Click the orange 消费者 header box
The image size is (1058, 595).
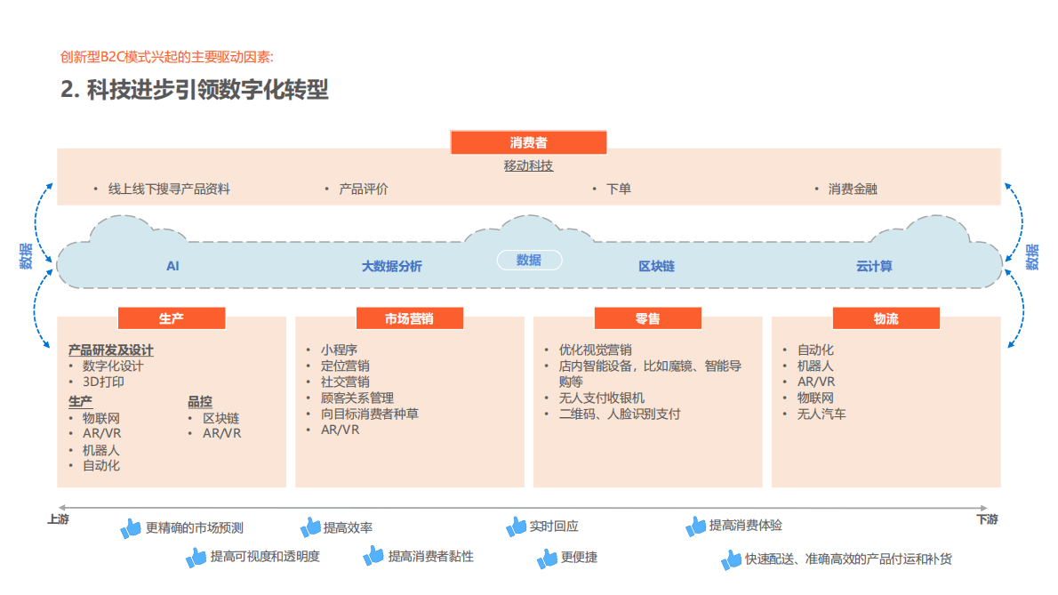(528, 142)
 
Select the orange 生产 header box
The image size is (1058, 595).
(171, 318)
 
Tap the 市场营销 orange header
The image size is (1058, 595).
(409, 318)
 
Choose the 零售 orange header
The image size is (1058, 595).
(647, 318)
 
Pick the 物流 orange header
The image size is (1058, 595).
(886, 318)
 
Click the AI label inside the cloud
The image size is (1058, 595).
(172, 266)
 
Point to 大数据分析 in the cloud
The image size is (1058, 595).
(391, 266)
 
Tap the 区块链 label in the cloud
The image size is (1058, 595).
(656, 266)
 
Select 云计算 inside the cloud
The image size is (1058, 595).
(874, 266)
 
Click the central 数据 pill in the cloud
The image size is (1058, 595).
(529, 260)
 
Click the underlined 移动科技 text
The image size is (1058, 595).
(528, 166)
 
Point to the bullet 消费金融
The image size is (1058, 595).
(853, 189)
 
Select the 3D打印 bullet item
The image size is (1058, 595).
(103, 382)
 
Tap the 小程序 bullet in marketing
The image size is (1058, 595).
(339, 350)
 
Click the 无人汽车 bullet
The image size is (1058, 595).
(822, 414)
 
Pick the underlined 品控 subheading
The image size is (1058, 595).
(200, 401)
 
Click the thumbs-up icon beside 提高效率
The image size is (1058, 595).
(310, 527)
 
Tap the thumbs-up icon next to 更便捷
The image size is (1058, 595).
(547, 559)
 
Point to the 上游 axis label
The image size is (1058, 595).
(58, 519)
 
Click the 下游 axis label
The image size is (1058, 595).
(987, 519)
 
